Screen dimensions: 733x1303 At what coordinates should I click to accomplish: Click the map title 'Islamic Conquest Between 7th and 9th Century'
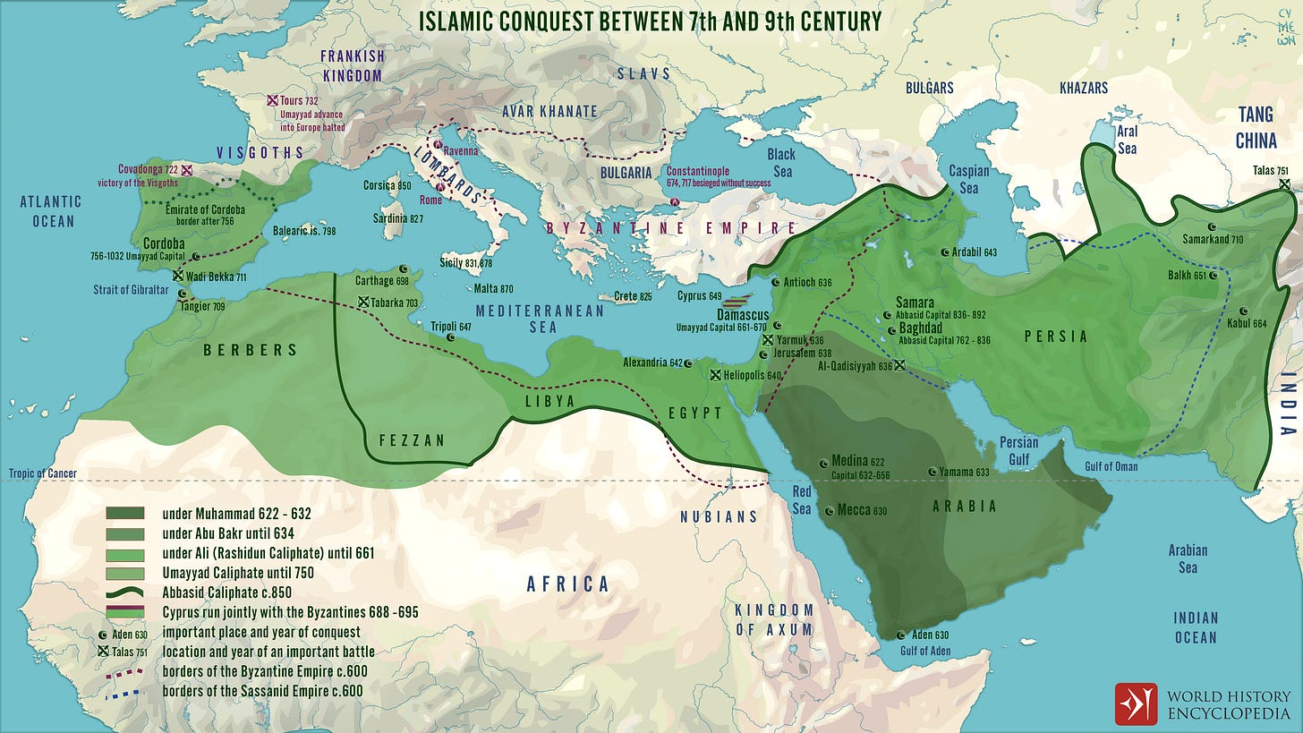pos(651,21)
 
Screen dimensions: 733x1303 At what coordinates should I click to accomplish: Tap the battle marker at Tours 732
pos(273,102)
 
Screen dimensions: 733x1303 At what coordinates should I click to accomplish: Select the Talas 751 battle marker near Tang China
pos(1284,183)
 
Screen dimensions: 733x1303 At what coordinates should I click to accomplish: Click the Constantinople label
pos(698,171)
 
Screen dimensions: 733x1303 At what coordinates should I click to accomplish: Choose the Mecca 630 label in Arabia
pos(861,511)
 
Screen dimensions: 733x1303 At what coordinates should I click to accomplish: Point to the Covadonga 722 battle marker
pos(187,169)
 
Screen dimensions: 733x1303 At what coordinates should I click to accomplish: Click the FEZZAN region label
pos(410,440)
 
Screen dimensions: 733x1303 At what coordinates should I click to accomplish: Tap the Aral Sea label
pos(1127,140)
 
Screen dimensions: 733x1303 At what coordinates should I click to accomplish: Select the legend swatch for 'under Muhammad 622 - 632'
pos(124,514)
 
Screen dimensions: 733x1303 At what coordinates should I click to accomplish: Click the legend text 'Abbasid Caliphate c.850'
pos(227,592)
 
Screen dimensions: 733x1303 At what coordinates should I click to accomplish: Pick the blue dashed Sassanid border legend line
pos(124,691)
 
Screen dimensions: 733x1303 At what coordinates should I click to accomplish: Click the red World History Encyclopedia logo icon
pos(1136,703)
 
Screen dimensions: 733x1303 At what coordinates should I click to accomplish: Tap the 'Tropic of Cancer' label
pos(43,473)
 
